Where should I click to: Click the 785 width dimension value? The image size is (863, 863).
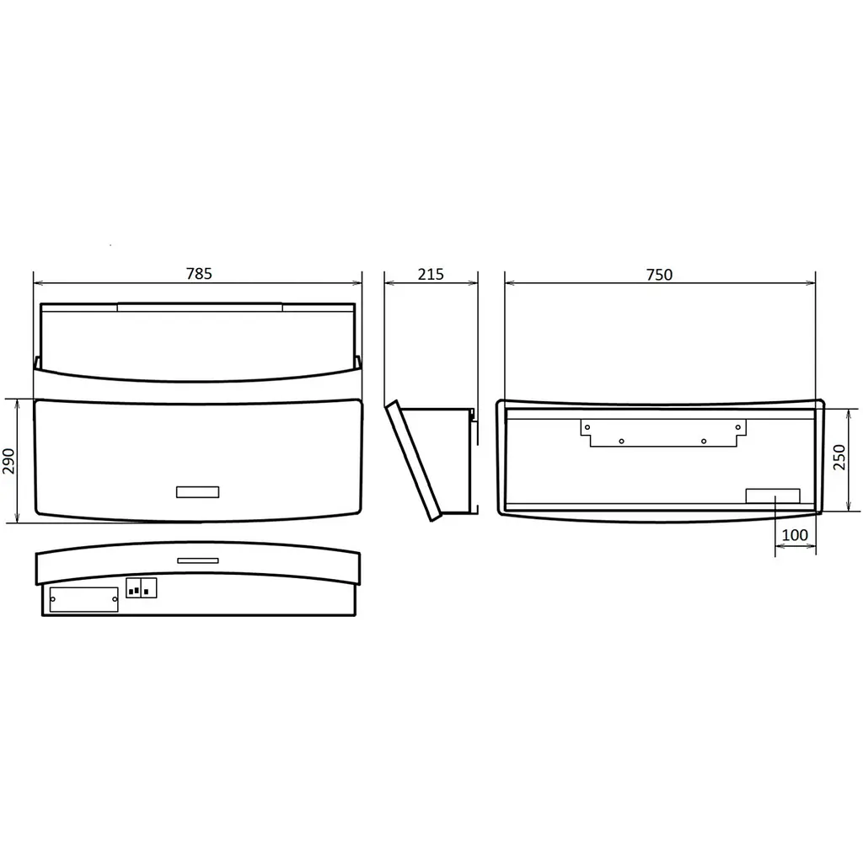pyautogui.click(x=199, y=274)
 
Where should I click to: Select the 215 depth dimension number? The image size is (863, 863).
pyautogui.click(x=431, y=274)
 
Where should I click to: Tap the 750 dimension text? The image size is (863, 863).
pyautogui.click(x=659, y=274)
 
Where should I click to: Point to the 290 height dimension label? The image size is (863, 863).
pyautogui.click(x=9, y=461)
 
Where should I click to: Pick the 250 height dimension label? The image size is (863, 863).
pyautogui.click(x=839, y=457)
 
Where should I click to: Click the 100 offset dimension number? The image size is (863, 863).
pyautogui.click(x=795, y=534)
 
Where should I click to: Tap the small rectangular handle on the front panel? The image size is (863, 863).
pyautogui.click(x=197, y=492)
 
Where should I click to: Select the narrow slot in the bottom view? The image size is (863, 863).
pyautogui.click(x=198, y=560)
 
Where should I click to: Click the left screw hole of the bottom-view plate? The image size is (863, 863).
pyautogui.click(x=53, y=599)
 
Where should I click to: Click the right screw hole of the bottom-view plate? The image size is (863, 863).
pyautogui.click(x=115, y=599)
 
